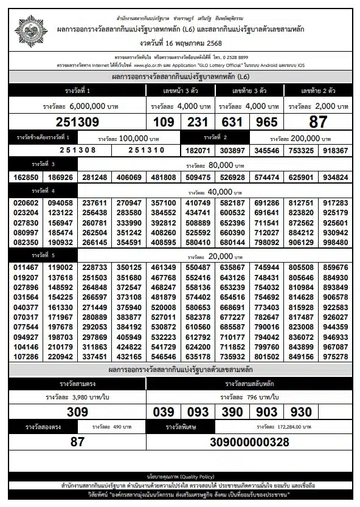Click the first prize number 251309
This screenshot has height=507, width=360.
click(77, 122)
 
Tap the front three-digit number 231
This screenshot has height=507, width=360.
click(198, 122)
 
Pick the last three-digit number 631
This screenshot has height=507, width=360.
click(232, 122)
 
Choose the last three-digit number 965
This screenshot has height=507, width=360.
click(267, 122)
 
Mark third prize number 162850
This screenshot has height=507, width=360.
click(25, 178)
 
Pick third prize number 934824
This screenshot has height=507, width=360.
click(336, 178)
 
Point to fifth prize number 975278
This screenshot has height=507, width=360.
click(336, 357)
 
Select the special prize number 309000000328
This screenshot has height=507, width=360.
click(249, 442)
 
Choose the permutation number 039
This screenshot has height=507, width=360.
click(164, 412)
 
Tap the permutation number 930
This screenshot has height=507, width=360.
click(302, 412)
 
